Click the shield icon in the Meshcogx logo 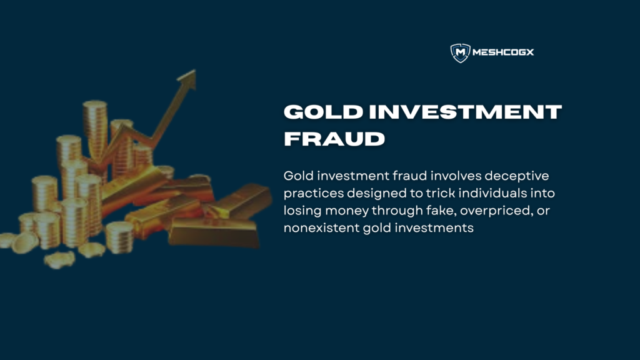pos(460,53)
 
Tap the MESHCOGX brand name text pos(504,53)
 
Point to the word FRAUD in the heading pos(334,138)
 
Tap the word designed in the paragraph pos(372,193)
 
